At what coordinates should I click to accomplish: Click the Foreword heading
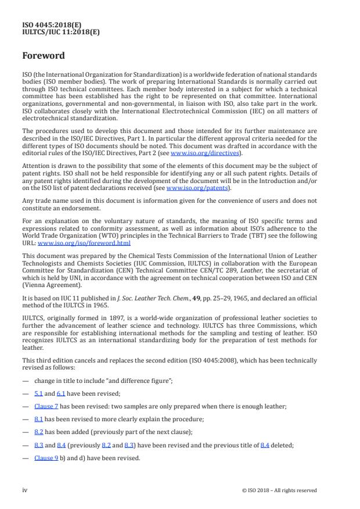[44, 56]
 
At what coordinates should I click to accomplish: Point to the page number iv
[25, 490]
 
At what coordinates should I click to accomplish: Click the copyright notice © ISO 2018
[279, 490]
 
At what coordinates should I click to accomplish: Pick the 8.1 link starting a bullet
[38, 420]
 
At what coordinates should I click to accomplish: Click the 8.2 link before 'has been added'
[38, 432]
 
